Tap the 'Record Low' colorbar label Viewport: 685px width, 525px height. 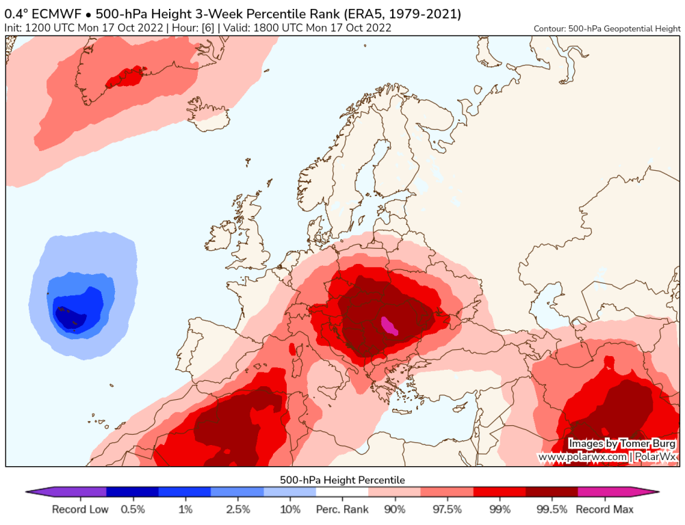tap(79, 509)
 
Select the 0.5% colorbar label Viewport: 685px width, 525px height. tap(133, 509)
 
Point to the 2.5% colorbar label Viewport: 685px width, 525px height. tap(237, 509)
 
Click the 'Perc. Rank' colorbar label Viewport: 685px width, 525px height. tap(342, 509)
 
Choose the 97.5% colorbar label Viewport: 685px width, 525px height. tap(447, 509)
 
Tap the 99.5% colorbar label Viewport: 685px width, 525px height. tap(552, 509)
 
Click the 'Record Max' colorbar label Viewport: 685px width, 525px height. tap(605, 509)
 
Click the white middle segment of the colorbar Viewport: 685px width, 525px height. tap(342, 492)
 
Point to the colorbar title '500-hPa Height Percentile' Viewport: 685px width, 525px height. tap(342, 480)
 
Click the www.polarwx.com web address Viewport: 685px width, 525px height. tap(582, 456)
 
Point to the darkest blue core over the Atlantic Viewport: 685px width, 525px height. tap(68, 317)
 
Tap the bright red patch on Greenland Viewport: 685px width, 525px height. tap(127, 76)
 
